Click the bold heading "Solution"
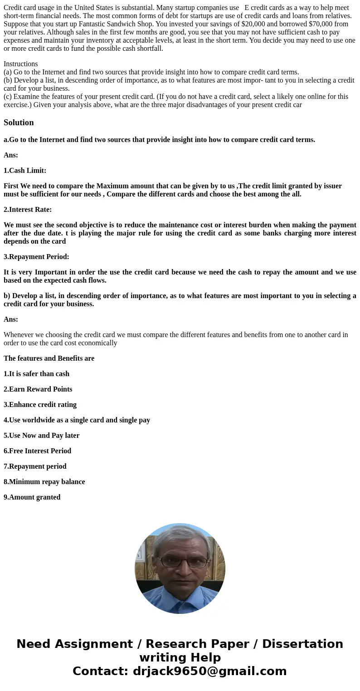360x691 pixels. (x=19, y=123)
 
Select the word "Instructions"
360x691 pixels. (x=20, y=64)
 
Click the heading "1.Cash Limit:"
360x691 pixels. (x=25, y=171)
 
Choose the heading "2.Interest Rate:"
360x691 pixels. (x=28, y=210)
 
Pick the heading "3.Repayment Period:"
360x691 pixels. (x=36, y=257)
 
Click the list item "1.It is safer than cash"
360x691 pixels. (x=36, y=374)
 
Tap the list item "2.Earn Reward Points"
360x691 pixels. (x=38, y=389)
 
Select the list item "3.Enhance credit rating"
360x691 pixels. (x=40, y=405)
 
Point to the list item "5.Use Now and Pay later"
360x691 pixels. (x=41, y=436)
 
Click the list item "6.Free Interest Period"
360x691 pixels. (x=37, y=451)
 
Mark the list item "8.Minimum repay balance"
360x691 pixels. (x=44, y=482)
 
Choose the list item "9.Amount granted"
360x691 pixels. (x=32, y=497)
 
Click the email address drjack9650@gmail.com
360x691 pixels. (x=209, y=671)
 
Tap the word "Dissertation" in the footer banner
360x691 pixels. (x=302, y=644)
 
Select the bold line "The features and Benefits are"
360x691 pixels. (x=49, y=358)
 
